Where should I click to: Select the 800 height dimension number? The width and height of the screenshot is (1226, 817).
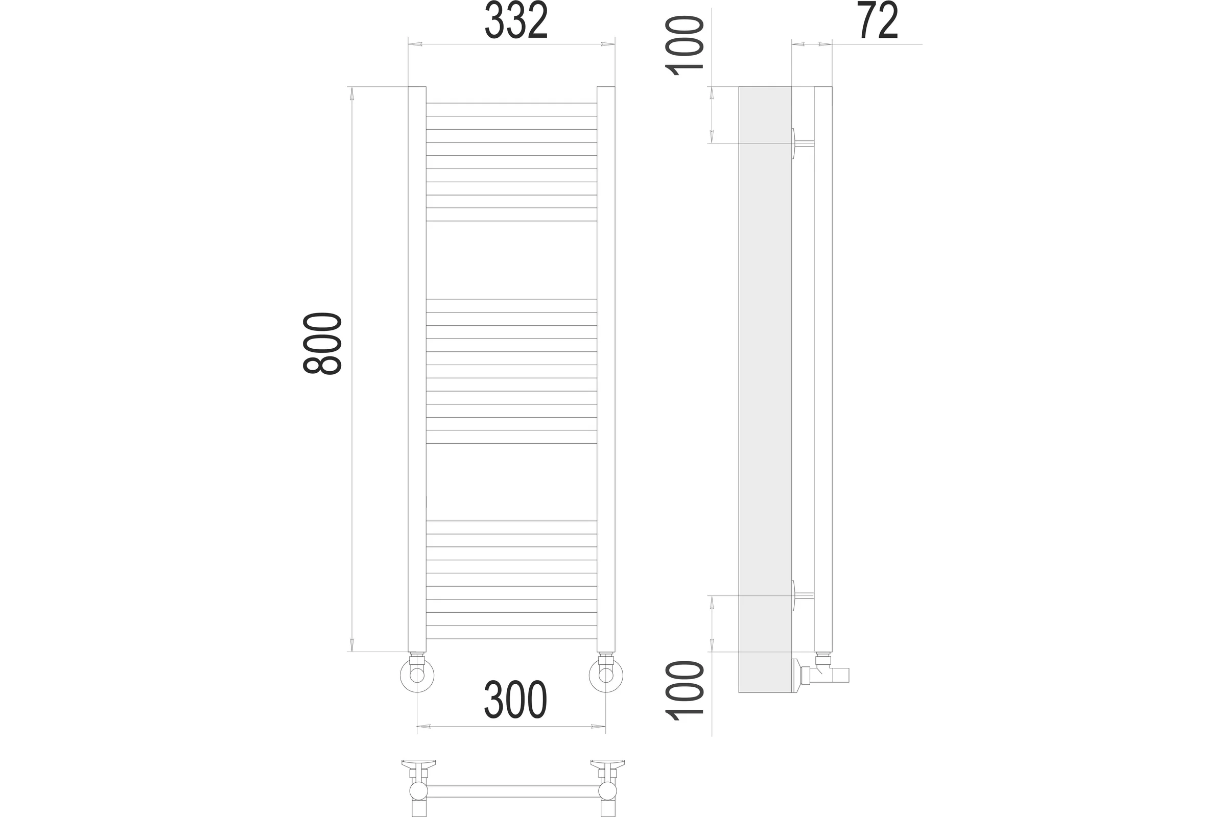pyautogui.click(x=322, y=343)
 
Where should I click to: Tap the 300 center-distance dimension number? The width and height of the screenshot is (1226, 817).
pyautogui.click(x=515, y=700)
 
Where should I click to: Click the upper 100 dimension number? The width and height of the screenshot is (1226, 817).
pyautogui.click(x=683, y=46)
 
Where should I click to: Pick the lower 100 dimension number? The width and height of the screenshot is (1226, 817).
pyautogui.click(x=683, y=690)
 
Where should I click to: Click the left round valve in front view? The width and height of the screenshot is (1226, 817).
pyautogui.click(x=417, y=675)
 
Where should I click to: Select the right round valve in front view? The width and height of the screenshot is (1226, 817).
pyautogui.click(x=606, y=675)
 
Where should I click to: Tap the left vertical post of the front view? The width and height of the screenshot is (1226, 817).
pyautogui.click(x=417, y=369)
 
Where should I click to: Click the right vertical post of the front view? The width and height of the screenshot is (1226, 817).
pyautogui.click(x=606, y=369)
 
